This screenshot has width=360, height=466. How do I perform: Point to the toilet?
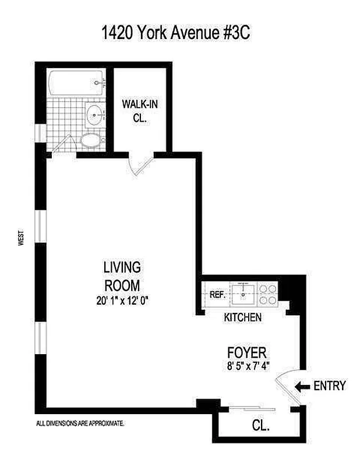coord(90,140)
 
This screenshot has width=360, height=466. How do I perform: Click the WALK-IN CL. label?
coord(139,111)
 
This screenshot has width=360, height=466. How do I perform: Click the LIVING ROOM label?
coord(122,277)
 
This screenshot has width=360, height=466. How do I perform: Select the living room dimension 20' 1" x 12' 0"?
coord(122,301)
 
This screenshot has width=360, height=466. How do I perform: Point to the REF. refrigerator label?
coord(217,295)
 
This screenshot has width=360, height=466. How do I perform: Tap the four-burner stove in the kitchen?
coord(267,294)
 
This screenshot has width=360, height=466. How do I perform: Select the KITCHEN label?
coord(243,317)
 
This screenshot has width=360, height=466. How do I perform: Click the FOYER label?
coord(246,352)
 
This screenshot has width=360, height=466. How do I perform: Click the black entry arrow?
coord(303,386)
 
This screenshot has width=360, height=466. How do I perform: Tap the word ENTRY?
coord(330,386)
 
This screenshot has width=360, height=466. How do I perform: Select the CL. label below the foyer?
coord(260,426)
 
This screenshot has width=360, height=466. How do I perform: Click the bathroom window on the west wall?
coord(39,133)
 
